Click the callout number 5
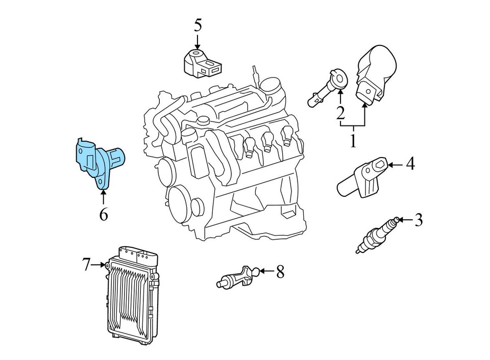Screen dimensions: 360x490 pyautogui.click(x=198, y=24)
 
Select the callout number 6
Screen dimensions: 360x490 pyautogui.click(x=103, y=215)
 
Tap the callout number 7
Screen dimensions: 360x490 pyautogui.click(x=87, y=264)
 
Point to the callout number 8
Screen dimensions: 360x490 pyautogui.click(x=280, y=272)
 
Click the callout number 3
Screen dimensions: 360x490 pyautogui.click(x=419, y=220)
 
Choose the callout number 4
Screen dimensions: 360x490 pyautogui.click(x=410, y=164)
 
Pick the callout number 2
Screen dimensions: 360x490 pyautogui.click(x=340, y=112)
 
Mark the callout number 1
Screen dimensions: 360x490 pyautogui.click(x=353, y=140)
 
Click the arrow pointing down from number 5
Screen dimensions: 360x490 pyautogui.click(x=198, y=42)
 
